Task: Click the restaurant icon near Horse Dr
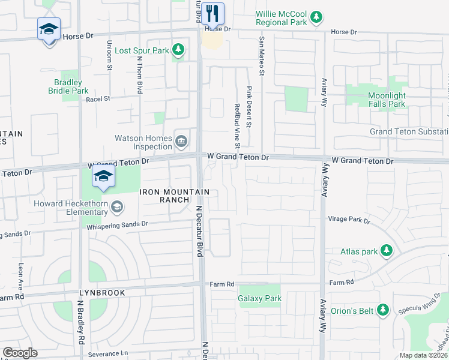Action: pyautogui.click(x=212, y=13)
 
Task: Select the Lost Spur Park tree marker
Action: pyautogui.click(x=178, y=50)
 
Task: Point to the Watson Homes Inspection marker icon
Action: pyautogui.click(x=181, y=142)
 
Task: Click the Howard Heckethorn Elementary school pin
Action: pyautogui.click(x=118, y=208)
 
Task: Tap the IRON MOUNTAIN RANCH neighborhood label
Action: pyautogui.click(x=175, y=196)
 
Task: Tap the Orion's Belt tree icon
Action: pyautogui.click(x=383, y=310)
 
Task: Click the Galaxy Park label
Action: pyautogui.click(x=259, y=298)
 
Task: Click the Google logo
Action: pyautogui.click(x=20, y=353)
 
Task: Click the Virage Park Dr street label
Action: pyautogui.click(x=349, y=220)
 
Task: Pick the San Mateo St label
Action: pyautogui.click(x=261, y=56)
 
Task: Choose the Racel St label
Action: pyautogui.click(x=98, y=99)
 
